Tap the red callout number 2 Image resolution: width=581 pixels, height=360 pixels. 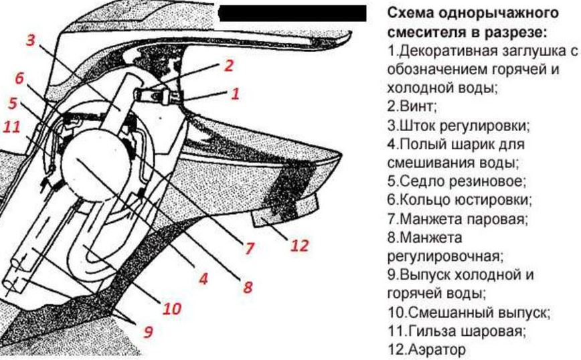pos(229,66)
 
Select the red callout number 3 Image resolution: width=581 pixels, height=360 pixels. pos(31,39)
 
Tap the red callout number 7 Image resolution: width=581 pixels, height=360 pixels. pos(250,249)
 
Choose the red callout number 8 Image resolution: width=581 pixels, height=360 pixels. pos(248,287)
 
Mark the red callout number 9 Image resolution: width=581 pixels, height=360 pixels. pos(148,331)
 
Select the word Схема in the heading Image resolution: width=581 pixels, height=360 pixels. pos(409,13)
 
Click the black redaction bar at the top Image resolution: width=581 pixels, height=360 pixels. pos(293,13)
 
